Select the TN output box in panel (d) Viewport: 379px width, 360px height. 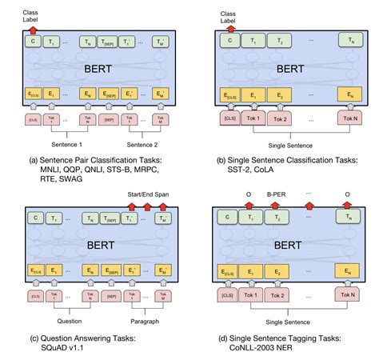pos(347,216)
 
